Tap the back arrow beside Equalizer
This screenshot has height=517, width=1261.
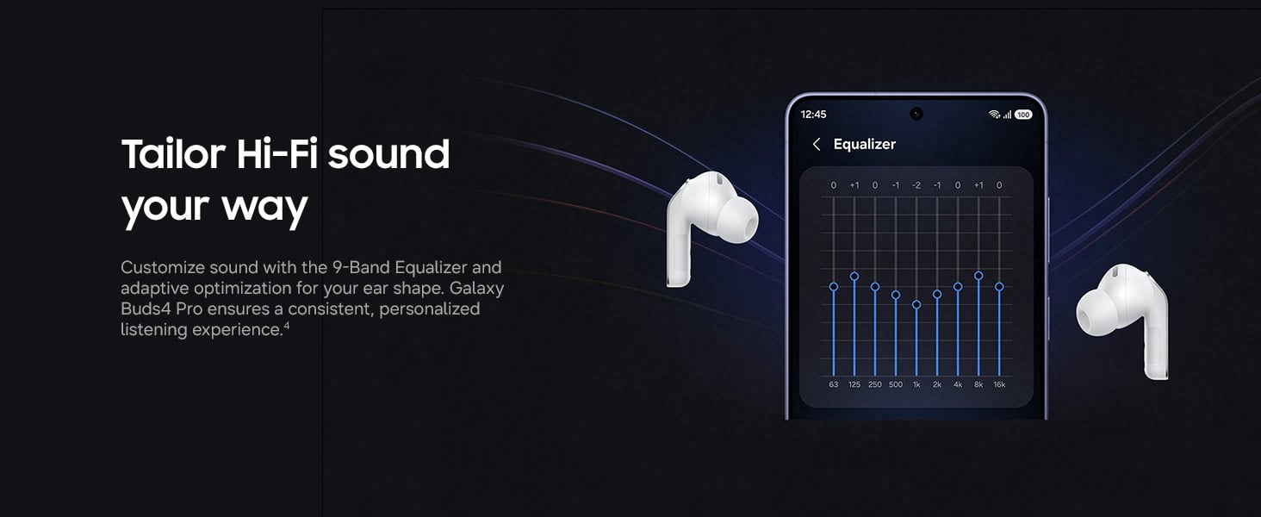817,145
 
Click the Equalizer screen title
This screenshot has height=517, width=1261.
864,145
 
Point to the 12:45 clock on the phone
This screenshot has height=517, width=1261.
813,115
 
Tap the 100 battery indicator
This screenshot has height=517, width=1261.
1023,115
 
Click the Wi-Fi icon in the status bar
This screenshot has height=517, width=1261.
994,115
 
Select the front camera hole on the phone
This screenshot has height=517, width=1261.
916,114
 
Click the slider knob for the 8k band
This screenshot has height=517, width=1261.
978,276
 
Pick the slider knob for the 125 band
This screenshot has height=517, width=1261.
854,276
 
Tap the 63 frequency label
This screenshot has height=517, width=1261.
834,384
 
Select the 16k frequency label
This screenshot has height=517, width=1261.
999,384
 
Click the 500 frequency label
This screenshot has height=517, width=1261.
896,384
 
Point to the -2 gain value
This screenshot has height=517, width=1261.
916,185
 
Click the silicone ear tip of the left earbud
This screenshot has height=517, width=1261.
738,221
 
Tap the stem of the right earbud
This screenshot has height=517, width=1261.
1155,349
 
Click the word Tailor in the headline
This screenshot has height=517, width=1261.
173,153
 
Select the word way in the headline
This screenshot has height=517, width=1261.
264,209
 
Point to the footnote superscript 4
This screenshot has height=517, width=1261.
287,326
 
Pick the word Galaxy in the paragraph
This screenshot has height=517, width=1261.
476,289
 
